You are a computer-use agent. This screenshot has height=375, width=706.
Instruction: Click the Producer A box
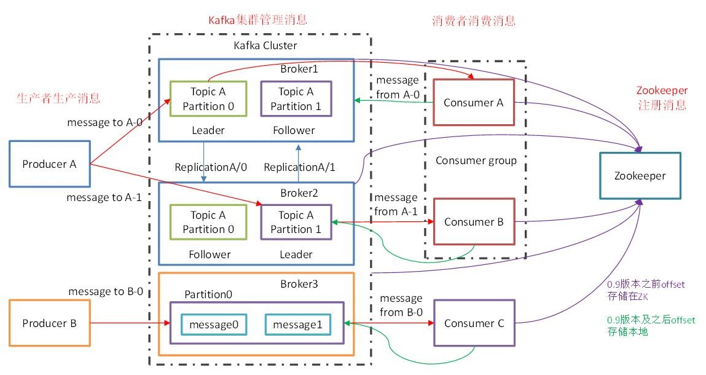(x=50, y=164)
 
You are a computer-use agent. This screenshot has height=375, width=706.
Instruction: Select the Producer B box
(x=50, y=323)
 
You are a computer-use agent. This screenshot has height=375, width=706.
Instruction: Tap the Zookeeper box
(x=640, y=176)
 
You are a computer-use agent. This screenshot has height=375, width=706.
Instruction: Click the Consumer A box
(x=473, y=103)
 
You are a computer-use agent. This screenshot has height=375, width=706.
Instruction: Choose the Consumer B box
(x=473, y=222)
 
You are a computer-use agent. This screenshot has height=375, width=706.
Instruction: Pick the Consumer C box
(x=473, y=323)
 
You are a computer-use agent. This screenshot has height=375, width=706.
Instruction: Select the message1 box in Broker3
(x=297, y=324)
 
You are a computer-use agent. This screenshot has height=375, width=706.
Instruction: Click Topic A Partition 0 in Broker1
(x=208, y=99)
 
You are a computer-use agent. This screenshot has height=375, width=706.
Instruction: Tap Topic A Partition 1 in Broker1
(x=296, y=99)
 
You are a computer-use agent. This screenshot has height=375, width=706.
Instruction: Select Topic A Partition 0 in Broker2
(x=208, y=222)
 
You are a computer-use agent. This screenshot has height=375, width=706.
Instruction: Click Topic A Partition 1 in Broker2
(x=296, y=222)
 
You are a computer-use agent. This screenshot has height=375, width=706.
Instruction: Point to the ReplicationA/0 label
(x=203, y=167)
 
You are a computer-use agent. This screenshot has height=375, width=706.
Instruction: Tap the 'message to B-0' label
(x=106, y=291)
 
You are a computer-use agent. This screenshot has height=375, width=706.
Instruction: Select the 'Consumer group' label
(x=476, y=160)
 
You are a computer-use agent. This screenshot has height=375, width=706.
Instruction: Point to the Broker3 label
(x=298, y=284)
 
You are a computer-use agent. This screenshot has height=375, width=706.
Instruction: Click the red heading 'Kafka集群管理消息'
(x=257, y=20)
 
